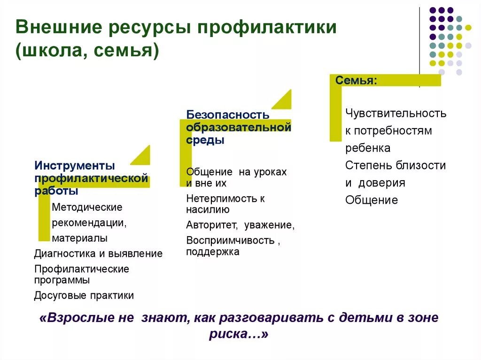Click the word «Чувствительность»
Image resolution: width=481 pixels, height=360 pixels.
pos(396,113)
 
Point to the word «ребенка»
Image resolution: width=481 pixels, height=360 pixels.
pos(368,148)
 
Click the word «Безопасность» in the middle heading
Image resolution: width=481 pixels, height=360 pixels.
pos(228,115)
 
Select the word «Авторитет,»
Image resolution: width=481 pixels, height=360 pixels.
pos(212,225)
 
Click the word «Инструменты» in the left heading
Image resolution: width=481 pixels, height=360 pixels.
pos(74,166)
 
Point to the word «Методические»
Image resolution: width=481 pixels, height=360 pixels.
pos(87,207)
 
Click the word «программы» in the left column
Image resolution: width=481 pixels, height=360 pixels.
pos(62,280)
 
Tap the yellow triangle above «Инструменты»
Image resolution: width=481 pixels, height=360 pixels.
pos(142,157)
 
